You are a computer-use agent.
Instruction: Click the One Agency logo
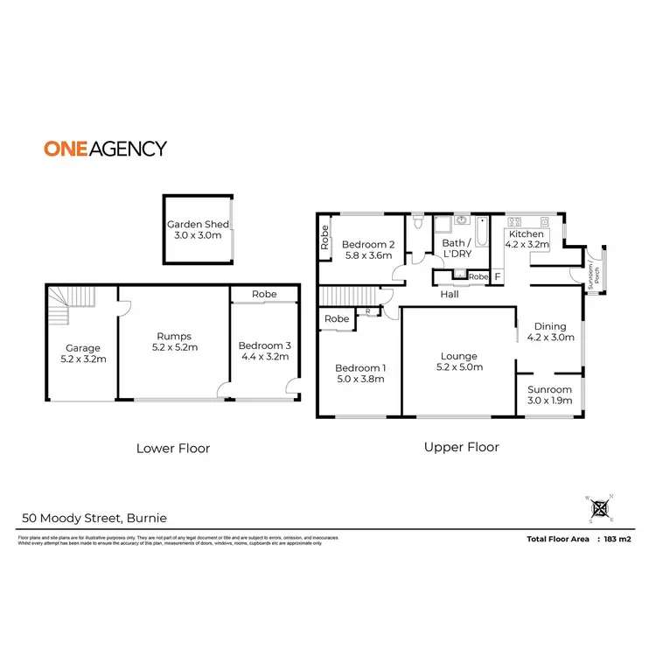coord(105,149)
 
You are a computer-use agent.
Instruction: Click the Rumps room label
coord(173,341)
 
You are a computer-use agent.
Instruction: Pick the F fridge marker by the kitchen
coord(498,277)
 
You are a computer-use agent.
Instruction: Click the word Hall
coord(450,295)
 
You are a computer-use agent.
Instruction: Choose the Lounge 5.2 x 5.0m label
coord(458,361)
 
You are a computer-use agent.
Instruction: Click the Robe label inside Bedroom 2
coord(325,239)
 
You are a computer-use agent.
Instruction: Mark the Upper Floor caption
coord(461,447)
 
